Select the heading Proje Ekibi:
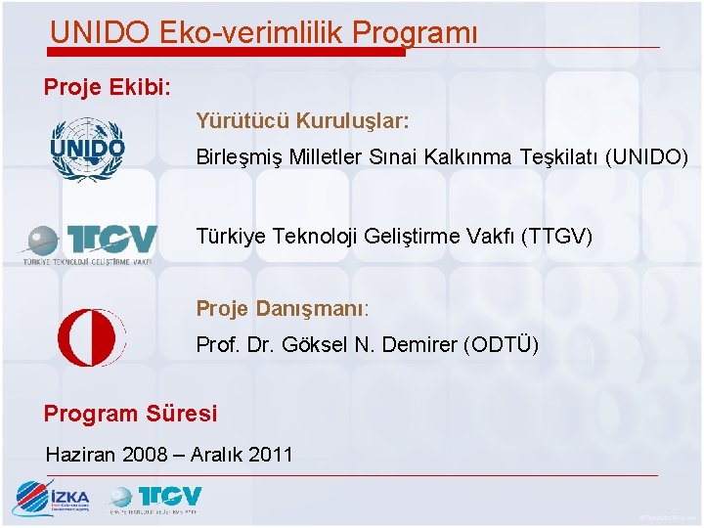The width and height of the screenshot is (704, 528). coord(108,88)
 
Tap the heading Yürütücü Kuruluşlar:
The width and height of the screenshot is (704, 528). coord(302,121)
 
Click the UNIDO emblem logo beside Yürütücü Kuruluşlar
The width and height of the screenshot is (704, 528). coord(88,150)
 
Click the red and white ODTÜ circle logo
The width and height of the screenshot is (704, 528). coord(91,336)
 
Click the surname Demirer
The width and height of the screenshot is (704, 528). coord(424,345)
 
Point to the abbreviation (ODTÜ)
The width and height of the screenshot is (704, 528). coord(501,345)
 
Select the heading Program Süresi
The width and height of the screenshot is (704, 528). coord(130,414)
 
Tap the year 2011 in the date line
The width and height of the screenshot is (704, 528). coord(271,454)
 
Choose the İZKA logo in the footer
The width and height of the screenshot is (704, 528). coord(51,499)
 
